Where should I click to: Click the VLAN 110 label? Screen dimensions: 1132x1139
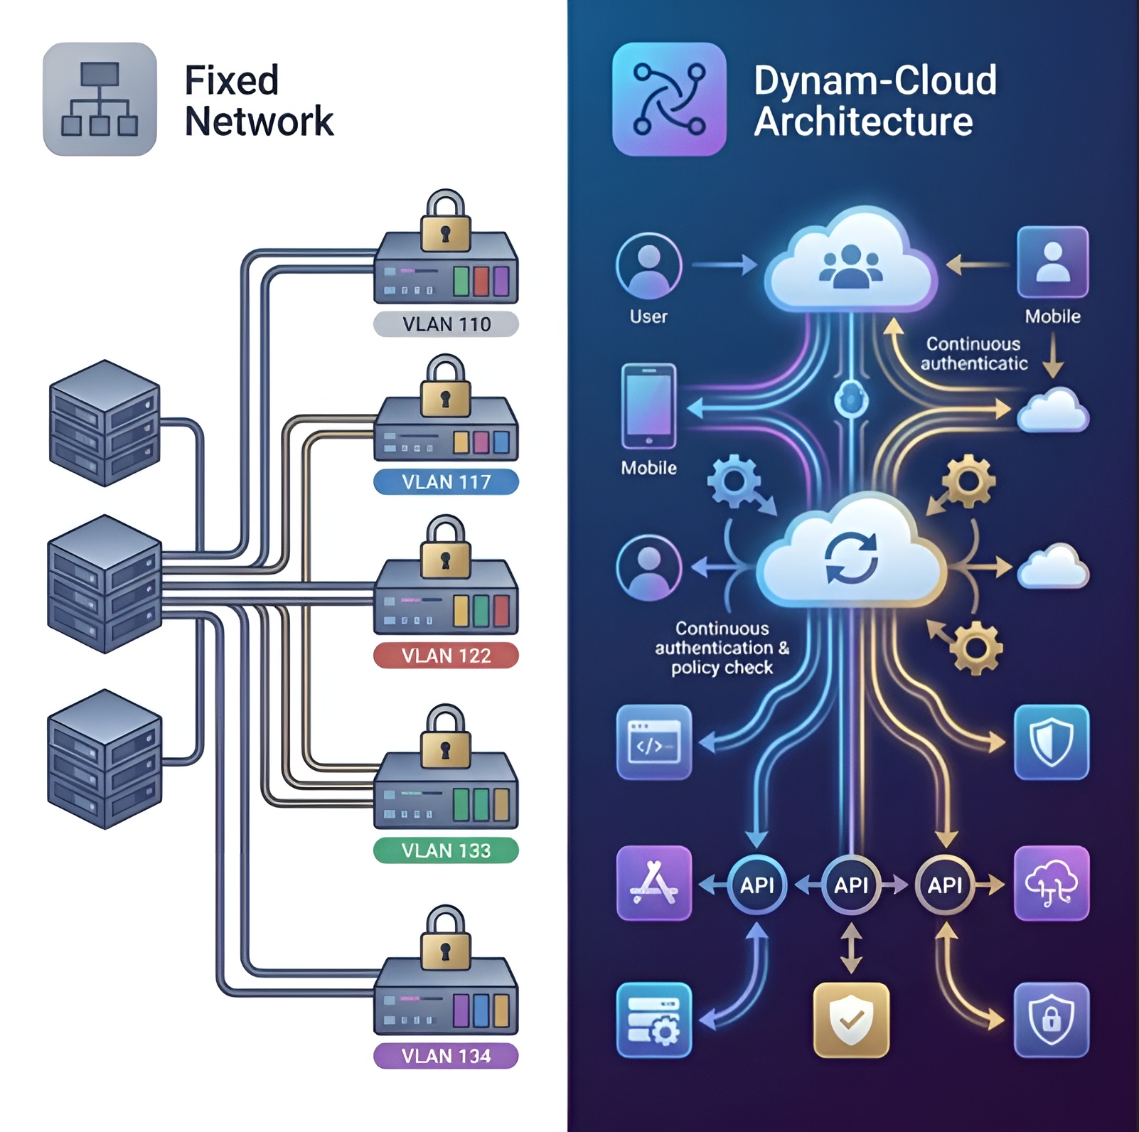[446, 324]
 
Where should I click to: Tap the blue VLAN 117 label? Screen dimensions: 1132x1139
[446, 482]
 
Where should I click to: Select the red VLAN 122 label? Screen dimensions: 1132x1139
[446, 655]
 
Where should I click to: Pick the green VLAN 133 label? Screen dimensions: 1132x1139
[446, 850]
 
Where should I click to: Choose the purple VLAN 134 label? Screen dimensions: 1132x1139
[446, 1056]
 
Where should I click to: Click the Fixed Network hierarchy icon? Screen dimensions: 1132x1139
[100, 99]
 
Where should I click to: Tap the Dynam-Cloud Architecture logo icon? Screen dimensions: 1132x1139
[669, 99]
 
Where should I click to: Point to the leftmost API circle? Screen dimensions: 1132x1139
[757, 885]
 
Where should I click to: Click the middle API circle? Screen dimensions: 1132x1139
[851, 885]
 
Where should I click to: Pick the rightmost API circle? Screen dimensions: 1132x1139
[944, 885]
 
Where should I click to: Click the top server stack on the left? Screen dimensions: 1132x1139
[105, 423]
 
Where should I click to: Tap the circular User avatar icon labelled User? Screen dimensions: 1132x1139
[648, 266]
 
